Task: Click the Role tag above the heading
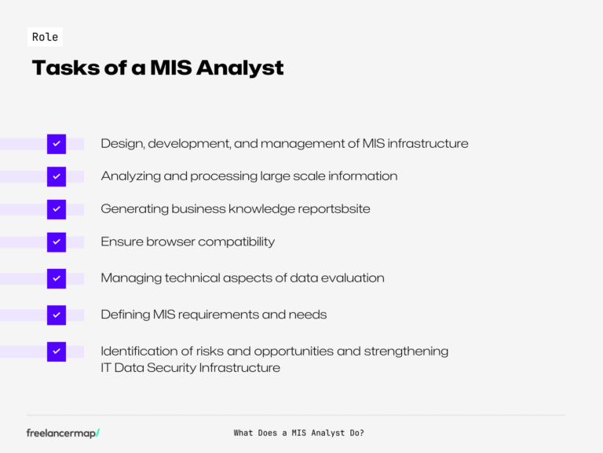click(x=45, y=37)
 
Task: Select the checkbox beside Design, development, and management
click(x=57, y=144)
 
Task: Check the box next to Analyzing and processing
click(x=57, y=176)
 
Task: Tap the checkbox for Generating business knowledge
click(x=57, y=209)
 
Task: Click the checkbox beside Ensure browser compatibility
click(x=57, y=242)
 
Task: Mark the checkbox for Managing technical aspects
click(x=57, y=278)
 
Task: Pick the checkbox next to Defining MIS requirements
click(x=57, y=315)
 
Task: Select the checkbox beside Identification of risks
click(x=57, y=352)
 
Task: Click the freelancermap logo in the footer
click(x=63, y=433)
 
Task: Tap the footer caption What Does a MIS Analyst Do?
click(x=298, y=433)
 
